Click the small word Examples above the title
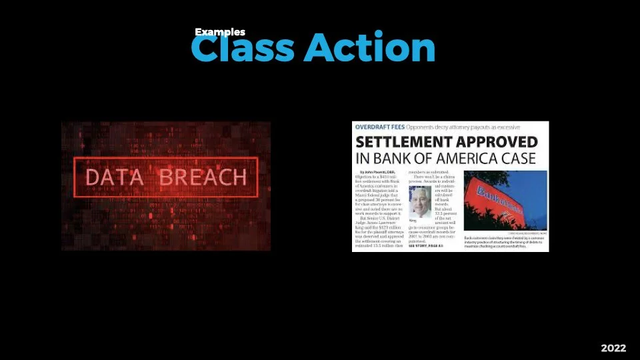pyautogui.click(x=220, y=32)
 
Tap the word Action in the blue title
pyautogui.click(x=370, y=48)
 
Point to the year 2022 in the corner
pyautogui.click(x=614, y=348)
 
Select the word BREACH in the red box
pyautogui.click(x=203, y=177)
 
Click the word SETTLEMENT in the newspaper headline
pyautogui.click(x=403, y=142)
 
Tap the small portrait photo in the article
pyautogui.click(x=420, y=201)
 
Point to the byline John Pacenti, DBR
pyautogui.click(x=377, y=173)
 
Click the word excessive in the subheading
pyautogui.click(x=506, y=127)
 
